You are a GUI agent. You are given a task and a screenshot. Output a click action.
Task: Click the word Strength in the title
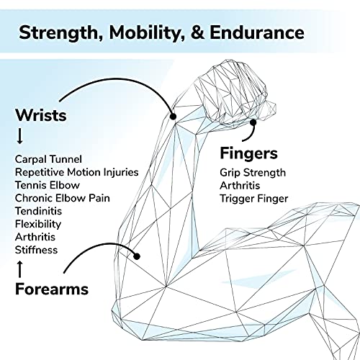(x=61, y=33)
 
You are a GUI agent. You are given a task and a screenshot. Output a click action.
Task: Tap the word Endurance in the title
(x=257, y=32)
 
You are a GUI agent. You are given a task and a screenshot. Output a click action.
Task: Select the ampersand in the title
(x=197, y=32)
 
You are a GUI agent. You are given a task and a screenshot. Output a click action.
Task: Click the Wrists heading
(x=41, y=115)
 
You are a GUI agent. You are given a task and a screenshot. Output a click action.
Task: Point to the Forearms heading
(x=52, y=289)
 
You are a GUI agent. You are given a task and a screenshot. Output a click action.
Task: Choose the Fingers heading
(x=248, y=153)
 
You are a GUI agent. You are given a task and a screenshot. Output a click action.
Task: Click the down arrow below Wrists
(x=20, y=136)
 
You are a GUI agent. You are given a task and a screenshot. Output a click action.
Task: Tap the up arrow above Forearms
(x=20, y=269)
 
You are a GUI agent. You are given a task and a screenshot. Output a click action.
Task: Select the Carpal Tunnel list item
(x=48, y=159)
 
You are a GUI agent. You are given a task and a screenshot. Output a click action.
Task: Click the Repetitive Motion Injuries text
(x=77, y=172)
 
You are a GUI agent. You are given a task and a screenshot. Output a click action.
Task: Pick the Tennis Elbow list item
(x=48, y=185)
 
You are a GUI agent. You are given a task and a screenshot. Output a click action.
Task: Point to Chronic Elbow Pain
(x=63, y=198)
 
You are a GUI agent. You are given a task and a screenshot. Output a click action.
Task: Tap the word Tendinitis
(x=38, y=211)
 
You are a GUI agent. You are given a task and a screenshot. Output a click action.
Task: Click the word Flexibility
(x=38, y=225)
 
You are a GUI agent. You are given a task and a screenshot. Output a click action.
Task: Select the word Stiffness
(x=36, y=250)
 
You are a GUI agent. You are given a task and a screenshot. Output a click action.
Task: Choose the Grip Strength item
(x=253, y=173)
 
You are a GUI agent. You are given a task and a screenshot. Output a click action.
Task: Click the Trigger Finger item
(x=254, y=199)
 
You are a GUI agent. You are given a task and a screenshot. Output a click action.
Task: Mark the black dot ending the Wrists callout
(x=173, y=117)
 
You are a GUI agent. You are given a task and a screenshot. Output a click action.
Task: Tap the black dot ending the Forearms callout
(x=137, y=256)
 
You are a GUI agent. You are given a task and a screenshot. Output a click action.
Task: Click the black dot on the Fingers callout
(x=253, y=122)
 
